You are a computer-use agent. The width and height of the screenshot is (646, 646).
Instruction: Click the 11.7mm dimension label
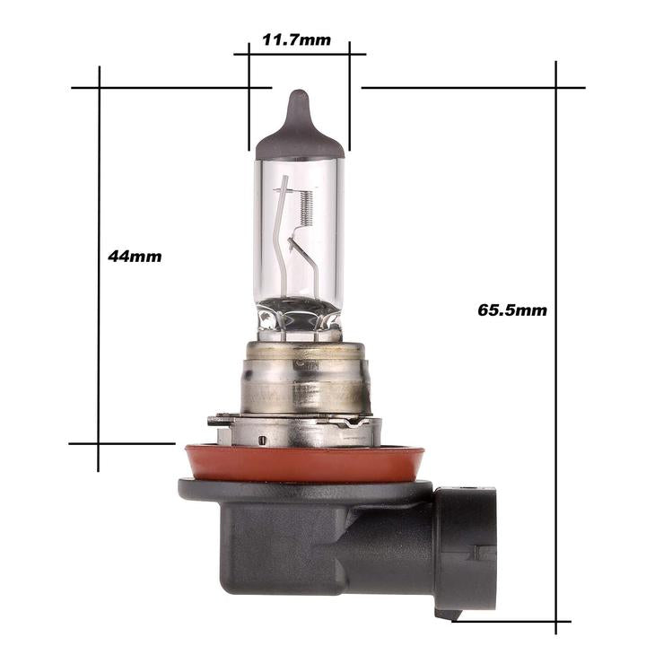(296, 40)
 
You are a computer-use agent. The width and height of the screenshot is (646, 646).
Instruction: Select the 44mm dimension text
(135, 257)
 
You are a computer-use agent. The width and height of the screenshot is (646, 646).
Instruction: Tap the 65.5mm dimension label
(512, 310)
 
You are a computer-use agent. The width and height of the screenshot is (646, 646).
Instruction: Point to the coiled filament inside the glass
(305, 209)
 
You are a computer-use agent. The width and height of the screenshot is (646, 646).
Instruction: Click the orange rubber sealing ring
(304, 463)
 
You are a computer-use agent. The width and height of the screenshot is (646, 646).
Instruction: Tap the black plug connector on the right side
(467, 552)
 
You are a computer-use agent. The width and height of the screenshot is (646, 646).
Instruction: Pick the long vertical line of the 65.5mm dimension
(555, 347)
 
